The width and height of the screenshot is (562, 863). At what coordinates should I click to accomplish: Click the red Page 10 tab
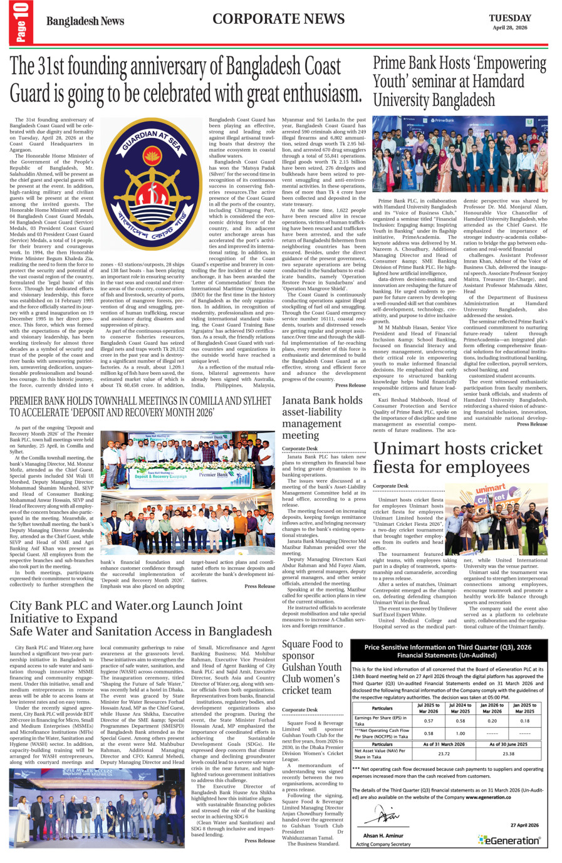(x=21, y=23)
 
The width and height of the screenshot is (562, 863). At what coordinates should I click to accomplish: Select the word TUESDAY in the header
(x=509, y=18)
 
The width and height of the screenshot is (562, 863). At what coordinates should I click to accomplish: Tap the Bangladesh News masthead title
(x=85, y=21)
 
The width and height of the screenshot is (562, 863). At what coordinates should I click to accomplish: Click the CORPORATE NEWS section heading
(x=278, y=19)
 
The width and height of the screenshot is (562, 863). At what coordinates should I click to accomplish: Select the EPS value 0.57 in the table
(x=429, y=721)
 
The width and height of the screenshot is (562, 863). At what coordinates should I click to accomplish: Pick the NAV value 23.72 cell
(x=444, y=754)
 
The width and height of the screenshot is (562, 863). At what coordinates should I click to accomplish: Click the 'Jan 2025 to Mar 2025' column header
(x=524, y=709)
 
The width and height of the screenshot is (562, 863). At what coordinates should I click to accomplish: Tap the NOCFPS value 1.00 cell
(x=461, y=733)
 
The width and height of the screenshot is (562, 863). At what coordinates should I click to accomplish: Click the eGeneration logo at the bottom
(x=508, y=840)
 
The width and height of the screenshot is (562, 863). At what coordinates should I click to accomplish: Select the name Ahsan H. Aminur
(x=383, y=835)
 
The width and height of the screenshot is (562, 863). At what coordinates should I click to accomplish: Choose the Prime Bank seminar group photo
(x=460, y=154)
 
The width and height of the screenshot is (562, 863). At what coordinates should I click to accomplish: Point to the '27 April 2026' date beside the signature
(x=524, y=825)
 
